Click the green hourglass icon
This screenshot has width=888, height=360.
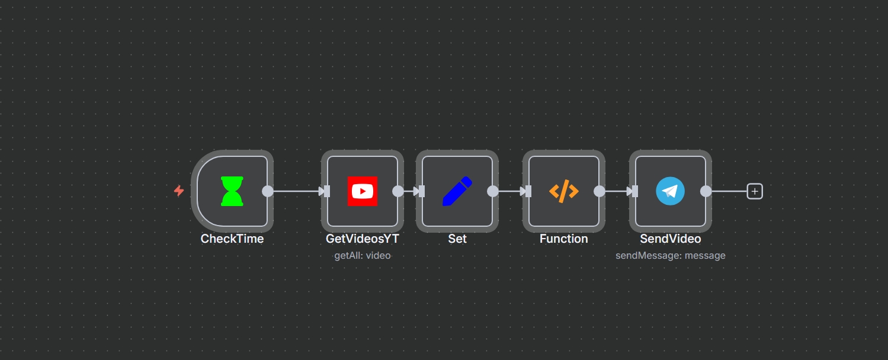232,191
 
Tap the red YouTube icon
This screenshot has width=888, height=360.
362,191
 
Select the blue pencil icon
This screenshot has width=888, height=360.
457,191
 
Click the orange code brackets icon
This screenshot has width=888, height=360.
563,191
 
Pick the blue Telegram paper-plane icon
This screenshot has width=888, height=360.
670,191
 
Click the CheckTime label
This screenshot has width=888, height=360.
232,239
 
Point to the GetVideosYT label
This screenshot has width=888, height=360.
363,239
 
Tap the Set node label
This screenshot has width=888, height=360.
457,239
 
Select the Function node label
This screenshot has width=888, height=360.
564,239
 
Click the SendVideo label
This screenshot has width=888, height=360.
671,239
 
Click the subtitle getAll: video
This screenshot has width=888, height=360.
363,256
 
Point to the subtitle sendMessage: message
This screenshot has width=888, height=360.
671,256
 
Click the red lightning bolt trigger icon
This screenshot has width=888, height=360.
179,191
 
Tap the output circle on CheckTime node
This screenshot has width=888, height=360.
268,191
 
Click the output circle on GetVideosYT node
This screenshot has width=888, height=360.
398,191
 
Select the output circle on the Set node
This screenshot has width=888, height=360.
493,191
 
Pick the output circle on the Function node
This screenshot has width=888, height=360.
600,191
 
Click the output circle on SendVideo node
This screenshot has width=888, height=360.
706,191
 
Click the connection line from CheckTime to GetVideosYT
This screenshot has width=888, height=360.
295,191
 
